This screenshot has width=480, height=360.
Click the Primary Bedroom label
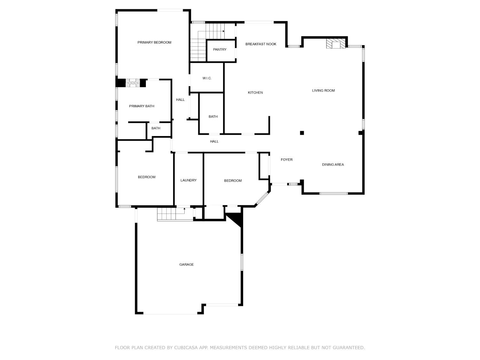154,42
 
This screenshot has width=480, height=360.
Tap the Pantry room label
220,50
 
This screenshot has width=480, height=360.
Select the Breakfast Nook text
261,44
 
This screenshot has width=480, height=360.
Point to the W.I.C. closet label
207,78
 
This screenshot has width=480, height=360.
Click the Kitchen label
255,93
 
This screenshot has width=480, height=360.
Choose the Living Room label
323,91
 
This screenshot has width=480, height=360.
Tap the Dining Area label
333,164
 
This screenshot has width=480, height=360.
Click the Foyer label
286,160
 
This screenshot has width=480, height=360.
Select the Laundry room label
188,180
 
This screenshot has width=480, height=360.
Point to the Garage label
186,265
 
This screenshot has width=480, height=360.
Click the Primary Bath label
141,106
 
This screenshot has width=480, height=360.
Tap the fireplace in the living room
336,44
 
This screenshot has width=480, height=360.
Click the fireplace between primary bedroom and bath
132,83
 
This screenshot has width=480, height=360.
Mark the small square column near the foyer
301,133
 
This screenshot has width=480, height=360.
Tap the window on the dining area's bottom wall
333,193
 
